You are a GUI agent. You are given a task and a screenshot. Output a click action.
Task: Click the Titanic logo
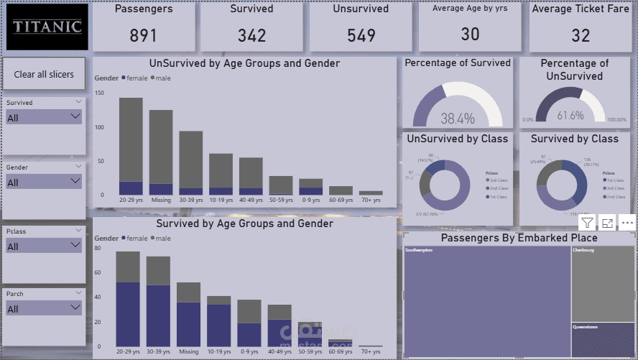click(x=47, y=27)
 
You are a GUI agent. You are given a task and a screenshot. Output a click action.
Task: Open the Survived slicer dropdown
click(x=44, y=117)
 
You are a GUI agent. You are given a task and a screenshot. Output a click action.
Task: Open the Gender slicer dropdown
click(x=44, y=182)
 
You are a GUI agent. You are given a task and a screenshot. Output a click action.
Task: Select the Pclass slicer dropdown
click(x=44, y=246)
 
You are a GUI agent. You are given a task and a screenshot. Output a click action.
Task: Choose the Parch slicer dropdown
click(x=44, y=308)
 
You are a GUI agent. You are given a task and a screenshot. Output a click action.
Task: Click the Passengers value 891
click(x=144, y=35)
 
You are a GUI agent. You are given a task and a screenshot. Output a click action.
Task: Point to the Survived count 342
click(x=251, y=35)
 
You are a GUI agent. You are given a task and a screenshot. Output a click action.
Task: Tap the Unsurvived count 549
click(x=361, y=35)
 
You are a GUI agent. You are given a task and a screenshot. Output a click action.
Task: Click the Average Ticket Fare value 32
click(x=581, y=35)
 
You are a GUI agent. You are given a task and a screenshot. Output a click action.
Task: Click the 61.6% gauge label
click(x=570, y=115)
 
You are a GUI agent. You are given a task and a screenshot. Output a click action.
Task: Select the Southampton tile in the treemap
click(x=486, y=302)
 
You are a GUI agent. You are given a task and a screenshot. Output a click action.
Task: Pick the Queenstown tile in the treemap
click(x=603, y=339)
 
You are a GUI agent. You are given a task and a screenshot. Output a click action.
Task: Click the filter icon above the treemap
click(x=587, y=223)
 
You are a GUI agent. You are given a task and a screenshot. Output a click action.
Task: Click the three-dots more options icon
click(x=627, y=223)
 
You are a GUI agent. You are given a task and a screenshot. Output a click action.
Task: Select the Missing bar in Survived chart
click(x=189, y=315)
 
